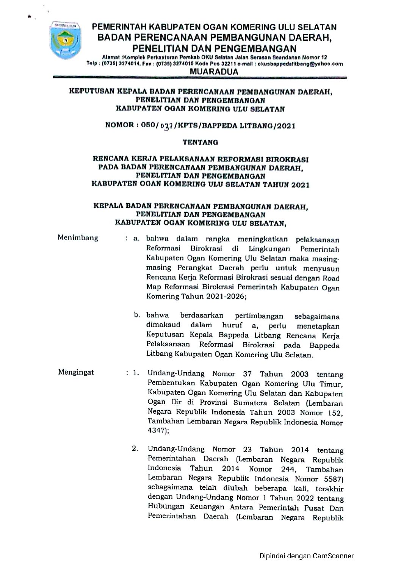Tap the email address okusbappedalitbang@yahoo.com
305,64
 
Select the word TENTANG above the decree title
200,142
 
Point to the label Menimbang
78,238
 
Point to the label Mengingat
76,372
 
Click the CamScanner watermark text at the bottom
306,556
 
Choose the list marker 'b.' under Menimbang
137,315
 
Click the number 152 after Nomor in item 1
334,413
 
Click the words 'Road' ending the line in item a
330,278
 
